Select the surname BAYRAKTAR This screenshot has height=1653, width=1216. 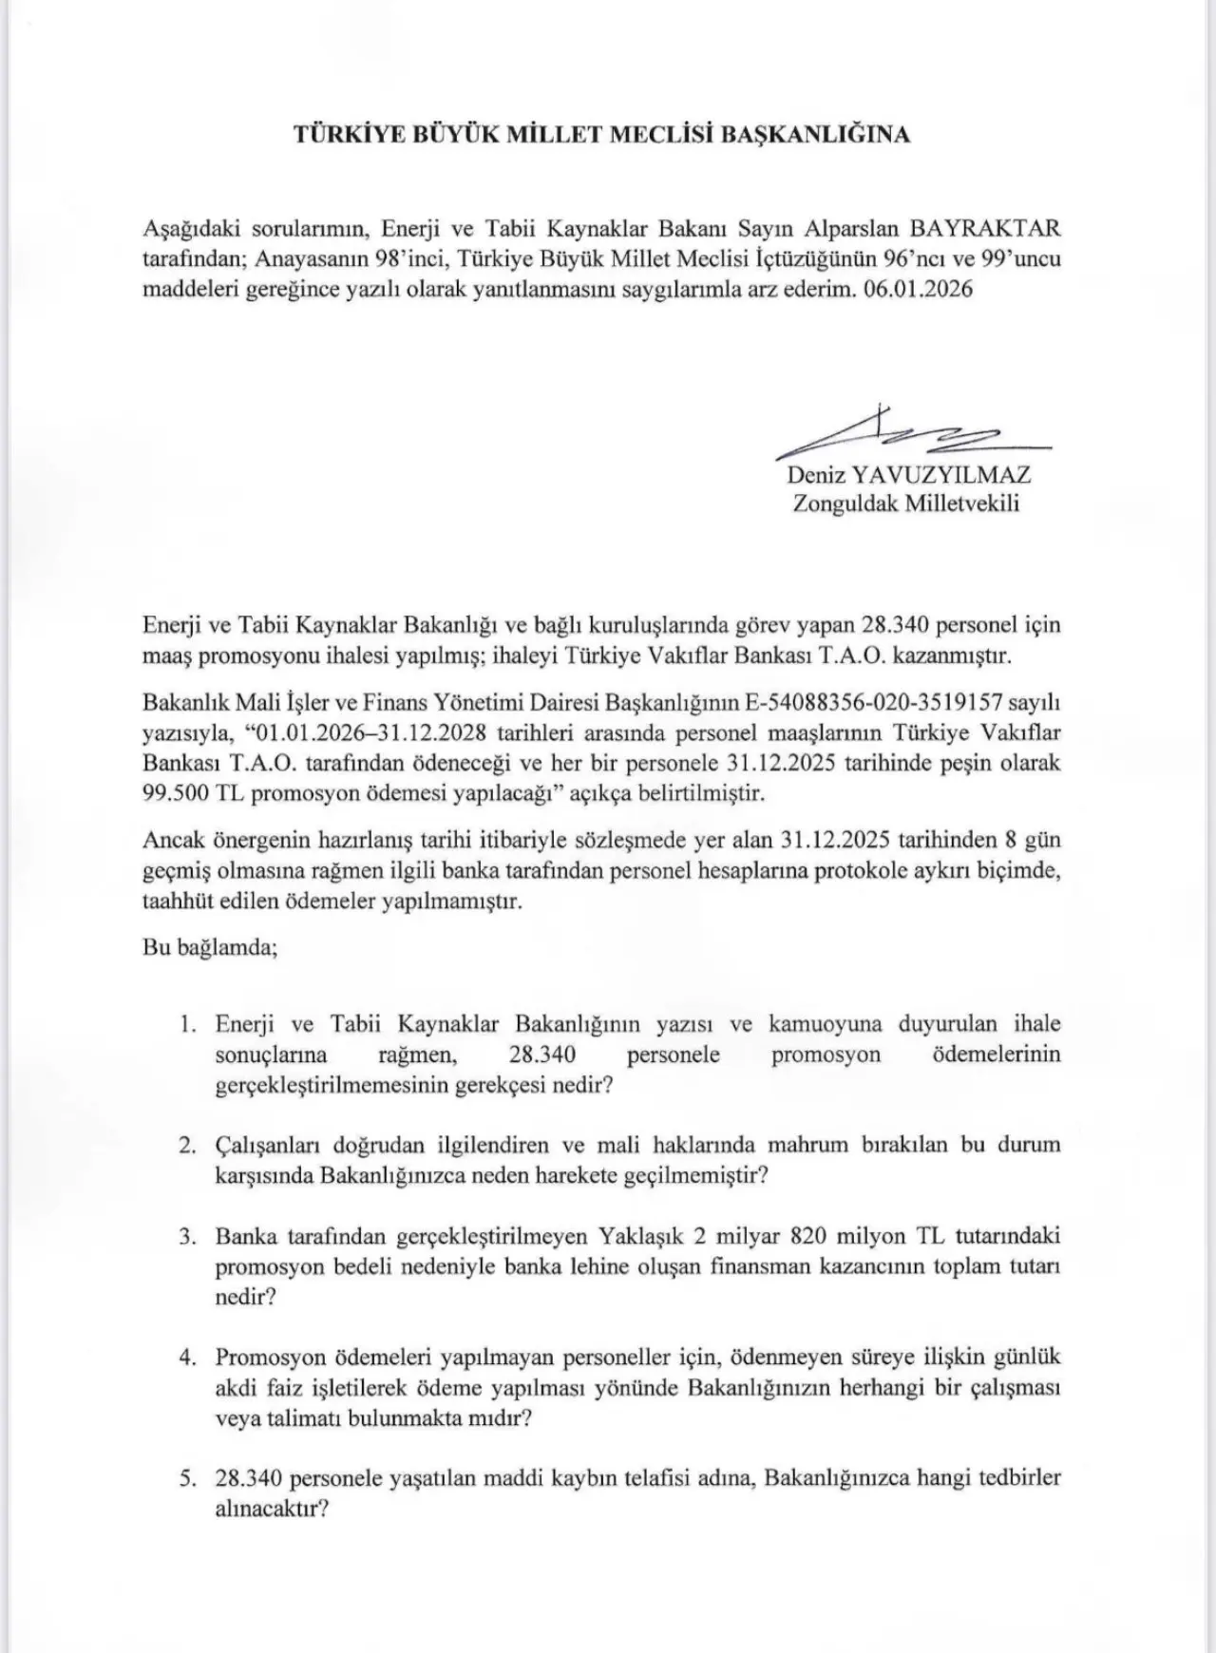click(985, 229)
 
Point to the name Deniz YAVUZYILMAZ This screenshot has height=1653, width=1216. click(908, 475)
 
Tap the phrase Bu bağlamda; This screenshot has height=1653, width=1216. click(210, 948)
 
